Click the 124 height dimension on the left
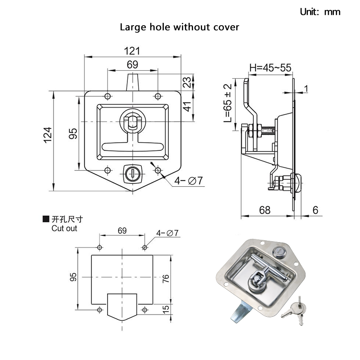click(48, 135)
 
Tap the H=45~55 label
click(270, 68)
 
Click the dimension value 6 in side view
click(315, 210)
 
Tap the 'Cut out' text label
click(64, 228)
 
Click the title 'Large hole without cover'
click(179, 27)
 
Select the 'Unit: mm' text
click(320, 12)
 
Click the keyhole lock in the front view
click(132, 172)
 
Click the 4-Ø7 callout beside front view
click(189, 180)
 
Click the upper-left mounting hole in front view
click(107, 97)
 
